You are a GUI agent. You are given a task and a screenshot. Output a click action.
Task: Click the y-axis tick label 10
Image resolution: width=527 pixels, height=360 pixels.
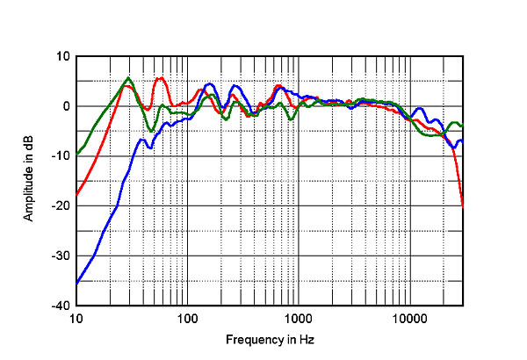pos(63,56)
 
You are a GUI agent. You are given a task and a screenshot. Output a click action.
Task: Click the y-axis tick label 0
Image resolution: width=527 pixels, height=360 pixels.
pos(66,106)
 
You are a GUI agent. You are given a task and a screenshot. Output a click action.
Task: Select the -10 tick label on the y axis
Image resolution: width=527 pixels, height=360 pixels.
pos(61,156)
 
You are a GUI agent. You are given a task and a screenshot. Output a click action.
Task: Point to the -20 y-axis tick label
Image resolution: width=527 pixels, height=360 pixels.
pos(61,205)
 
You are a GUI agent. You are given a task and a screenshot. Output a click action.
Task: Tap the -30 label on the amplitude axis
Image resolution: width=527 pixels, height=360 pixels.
pos(61,256)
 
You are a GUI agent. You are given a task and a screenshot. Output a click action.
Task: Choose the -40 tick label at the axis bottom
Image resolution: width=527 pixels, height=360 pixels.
pos(61,306)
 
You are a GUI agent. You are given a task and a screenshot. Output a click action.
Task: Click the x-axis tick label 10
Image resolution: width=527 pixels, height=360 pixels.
pos(76,319)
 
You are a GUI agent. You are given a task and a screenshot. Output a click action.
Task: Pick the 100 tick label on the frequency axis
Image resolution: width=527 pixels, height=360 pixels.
pos(187,319)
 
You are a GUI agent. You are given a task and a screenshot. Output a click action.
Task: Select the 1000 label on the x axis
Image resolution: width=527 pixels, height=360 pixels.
pos(299,319)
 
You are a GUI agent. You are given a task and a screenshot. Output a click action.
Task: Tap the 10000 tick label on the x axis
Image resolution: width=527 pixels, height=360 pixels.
pos(409,319)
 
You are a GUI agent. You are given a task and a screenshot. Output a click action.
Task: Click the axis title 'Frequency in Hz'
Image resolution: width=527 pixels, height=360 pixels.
pos(270,340)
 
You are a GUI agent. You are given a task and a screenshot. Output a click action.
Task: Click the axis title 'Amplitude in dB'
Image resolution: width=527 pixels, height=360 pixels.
pos(29,178)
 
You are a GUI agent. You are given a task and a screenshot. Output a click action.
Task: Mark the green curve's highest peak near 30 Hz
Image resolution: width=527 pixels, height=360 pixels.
pos(128,78)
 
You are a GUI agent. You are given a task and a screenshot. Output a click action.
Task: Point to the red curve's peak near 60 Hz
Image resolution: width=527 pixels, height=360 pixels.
pos(162,78)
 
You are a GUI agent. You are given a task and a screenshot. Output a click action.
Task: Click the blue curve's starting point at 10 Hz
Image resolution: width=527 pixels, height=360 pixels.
pos(77,284)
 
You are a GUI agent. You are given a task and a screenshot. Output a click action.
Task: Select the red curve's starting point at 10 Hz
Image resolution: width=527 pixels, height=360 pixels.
pos(77,194)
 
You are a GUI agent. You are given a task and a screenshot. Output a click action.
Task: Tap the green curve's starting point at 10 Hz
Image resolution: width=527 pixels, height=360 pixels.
pos(77,155)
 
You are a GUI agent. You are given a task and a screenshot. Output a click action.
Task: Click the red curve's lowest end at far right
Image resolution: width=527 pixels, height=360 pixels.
pos(463,206)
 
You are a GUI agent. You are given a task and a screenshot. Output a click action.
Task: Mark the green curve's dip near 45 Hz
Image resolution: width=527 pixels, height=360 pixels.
pos(151,131)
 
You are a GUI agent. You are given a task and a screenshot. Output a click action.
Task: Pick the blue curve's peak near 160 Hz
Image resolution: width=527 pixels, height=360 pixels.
pos(210,83)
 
